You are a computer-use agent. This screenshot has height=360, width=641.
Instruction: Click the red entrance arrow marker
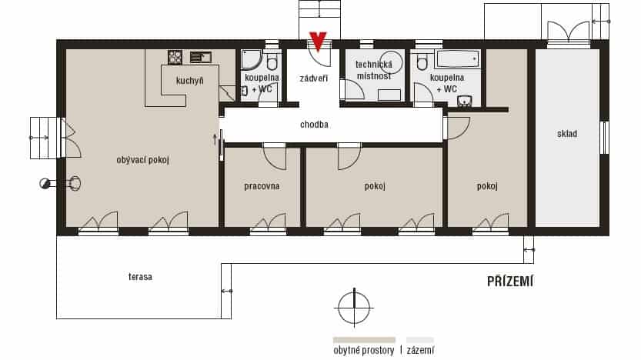318,42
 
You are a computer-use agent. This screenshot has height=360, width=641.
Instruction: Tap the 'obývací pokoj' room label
142,160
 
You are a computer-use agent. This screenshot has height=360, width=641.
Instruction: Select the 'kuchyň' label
189,81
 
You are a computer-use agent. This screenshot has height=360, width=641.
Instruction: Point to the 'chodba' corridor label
314,124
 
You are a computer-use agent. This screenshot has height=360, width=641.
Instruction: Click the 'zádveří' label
313,78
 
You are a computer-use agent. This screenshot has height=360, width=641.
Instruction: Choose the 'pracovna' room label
262,186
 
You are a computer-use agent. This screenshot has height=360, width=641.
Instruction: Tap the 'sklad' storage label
567,134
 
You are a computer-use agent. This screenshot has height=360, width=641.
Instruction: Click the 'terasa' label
140,277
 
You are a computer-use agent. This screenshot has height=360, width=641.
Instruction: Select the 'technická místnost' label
374,70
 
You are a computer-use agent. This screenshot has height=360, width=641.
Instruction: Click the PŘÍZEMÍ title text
510,281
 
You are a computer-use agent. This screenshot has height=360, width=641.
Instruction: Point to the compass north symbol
354,307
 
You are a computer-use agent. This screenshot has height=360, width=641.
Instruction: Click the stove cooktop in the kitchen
175,57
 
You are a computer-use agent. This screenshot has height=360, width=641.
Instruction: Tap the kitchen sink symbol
201,57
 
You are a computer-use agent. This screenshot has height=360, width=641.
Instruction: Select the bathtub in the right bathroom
458,58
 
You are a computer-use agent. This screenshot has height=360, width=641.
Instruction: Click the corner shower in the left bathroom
251,60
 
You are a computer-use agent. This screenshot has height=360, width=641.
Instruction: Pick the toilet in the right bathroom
422,61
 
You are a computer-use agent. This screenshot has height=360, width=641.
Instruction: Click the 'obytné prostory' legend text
364,350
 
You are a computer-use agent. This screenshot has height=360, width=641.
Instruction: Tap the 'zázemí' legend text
420,350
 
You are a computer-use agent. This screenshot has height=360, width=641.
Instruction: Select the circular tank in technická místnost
391,62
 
